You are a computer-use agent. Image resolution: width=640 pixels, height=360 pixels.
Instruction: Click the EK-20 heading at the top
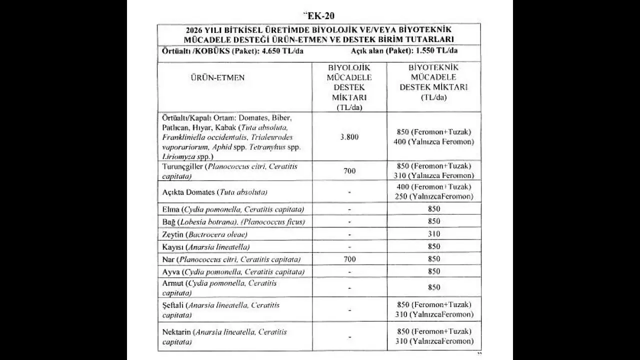(x=318, y=14)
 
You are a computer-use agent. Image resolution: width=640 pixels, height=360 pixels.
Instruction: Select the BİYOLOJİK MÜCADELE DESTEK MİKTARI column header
(x=349, y=87)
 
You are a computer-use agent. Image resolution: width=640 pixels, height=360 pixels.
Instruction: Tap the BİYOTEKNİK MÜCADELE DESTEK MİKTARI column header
(x=433, y=82)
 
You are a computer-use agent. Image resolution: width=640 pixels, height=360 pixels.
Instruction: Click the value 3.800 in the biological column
(x=349, y=136)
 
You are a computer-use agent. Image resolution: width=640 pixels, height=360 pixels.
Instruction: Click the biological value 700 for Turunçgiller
(x=349, y=171)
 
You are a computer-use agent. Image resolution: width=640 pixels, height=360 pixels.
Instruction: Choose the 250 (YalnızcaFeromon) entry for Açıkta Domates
(x=434, y=196)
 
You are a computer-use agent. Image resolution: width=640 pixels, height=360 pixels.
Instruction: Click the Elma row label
(x=170, y=209)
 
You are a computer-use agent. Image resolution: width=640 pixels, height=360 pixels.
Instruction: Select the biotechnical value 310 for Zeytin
(x=434, y=234)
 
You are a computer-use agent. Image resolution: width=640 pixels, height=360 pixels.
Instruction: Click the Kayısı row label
(x=173, y=247)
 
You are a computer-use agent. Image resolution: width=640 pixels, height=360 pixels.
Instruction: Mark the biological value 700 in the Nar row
(x=349, y=259)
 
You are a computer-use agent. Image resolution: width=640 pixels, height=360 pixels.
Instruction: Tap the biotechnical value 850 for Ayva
(x=434, y=271)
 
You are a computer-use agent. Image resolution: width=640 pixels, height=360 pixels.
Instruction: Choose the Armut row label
(x=173, y=283)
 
